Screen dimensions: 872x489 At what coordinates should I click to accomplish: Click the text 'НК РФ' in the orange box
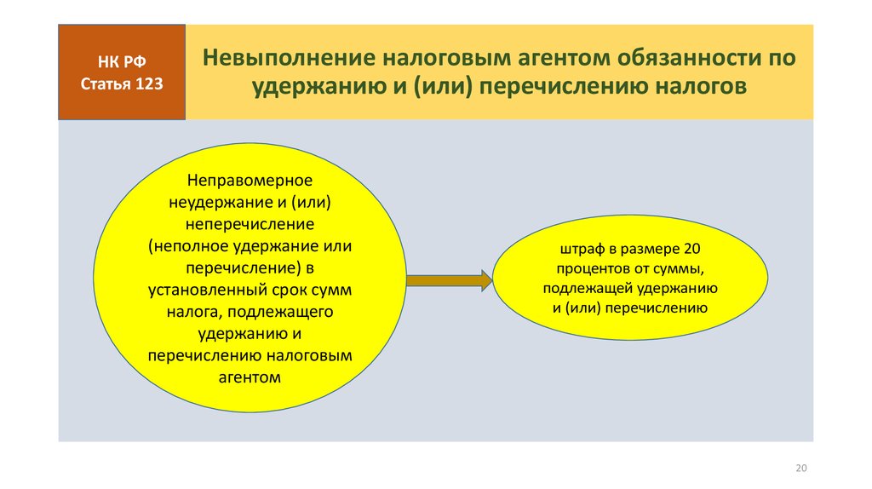pos(122,61)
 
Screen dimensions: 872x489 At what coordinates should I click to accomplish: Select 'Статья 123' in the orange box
pos(122,84)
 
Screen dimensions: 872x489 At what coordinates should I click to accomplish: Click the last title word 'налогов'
pos(700,87)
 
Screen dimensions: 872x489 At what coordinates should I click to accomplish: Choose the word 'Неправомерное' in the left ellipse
pos(250,181)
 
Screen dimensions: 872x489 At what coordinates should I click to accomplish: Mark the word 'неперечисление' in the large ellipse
pos(250,224)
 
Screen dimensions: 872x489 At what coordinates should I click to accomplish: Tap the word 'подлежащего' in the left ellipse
pos(280,312)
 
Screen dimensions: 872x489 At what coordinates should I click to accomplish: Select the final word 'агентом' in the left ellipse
pos(250,377)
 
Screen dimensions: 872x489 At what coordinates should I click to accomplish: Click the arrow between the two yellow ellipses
pos(450,280)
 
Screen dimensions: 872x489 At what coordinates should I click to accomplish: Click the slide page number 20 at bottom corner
pos(801,468)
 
